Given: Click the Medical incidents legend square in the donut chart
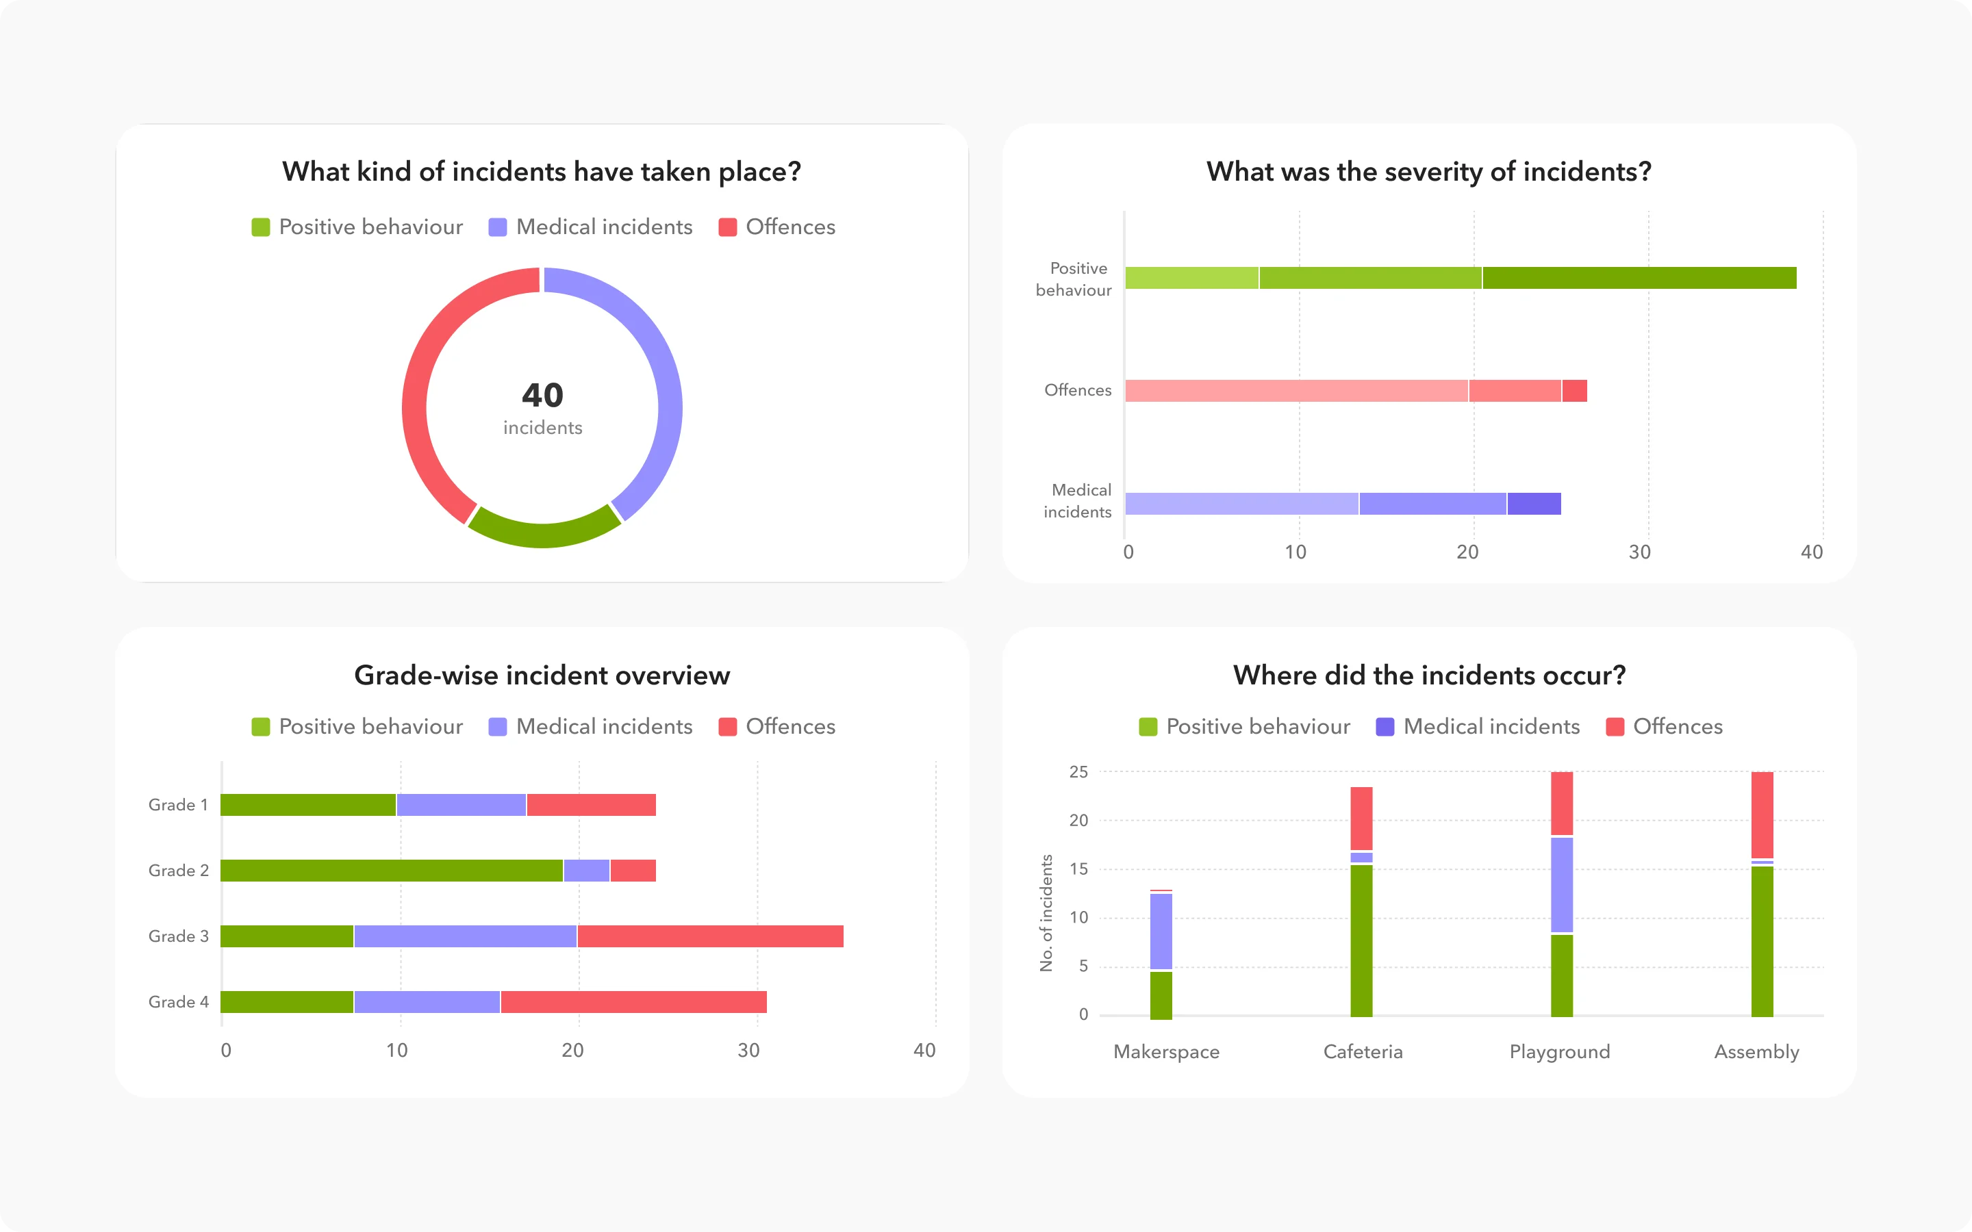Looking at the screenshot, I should point(497,227).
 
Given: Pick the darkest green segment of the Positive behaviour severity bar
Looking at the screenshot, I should point(1638,278).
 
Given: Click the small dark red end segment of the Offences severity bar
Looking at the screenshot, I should point(1574,391).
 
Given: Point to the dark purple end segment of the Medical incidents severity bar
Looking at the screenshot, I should point(1534,504).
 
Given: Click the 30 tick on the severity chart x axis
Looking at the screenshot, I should point(1639,552).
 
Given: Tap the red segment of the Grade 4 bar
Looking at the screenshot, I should point(633,1002).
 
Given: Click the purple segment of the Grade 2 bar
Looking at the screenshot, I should point(586,870).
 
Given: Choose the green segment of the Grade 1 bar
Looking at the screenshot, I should point(308,805).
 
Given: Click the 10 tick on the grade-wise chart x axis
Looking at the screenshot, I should point(397,1051).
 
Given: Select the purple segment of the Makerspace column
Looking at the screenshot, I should point(1161,932).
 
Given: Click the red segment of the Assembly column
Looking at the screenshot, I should point(1762,814).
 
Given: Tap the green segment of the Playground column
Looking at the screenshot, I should point(1561,975).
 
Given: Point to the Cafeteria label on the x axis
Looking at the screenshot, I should point(1363,1052).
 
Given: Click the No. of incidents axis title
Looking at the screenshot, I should point(1046,912).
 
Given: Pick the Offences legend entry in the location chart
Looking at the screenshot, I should point(1664,727).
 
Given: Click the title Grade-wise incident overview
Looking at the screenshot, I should point(542,676).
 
